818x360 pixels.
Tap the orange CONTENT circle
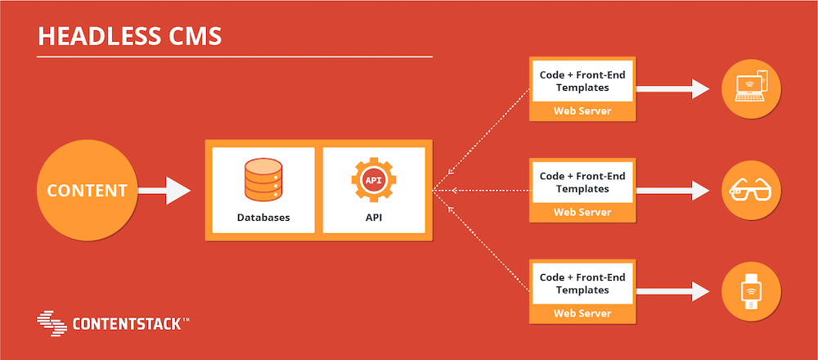click(x=87, y=191)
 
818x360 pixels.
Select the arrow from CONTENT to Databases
click(x=165, y=191)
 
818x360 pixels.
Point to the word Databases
click(x=263, y=218)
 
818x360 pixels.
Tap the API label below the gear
click(x=374, y=218)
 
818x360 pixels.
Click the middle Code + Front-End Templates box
click(x=582, y=182)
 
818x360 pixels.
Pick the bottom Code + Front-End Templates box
click(x=582, y=284)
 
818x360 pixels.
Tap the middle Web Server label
click(x=582, y=213)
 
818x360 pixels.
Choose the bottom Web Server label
click(x=582, y=314)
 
